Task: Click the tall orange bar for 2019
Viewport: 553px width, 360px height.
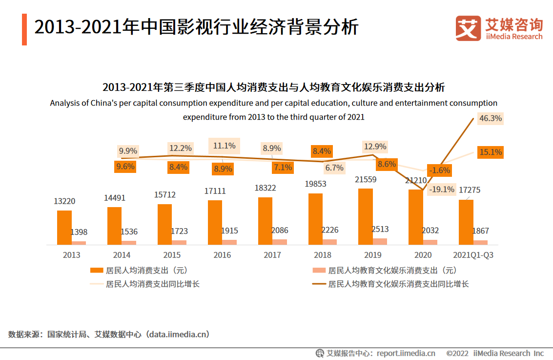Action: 366,216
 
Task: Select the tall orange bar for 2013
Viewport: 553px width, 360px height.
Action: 64,227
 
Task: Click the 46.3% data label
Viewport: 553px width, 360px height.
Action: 491,118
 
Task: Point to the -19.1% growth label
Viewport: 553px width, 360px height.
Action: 442,189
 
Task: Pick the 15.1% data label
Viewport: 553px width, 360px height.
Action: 491,152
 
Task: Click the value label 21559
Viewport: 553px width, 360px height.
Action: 366,180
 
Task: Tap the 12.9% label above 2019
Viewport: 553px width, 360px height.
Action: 374,147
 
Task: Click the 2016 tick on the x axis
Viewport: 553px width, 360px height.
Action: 222,255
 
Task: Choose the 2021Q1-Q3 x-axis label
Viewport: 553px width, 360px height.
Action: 473,255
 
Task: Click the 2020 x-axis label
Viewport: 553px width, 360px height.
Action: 423,255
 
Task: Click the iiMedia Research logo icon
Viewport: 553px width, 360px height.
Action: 468,28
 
